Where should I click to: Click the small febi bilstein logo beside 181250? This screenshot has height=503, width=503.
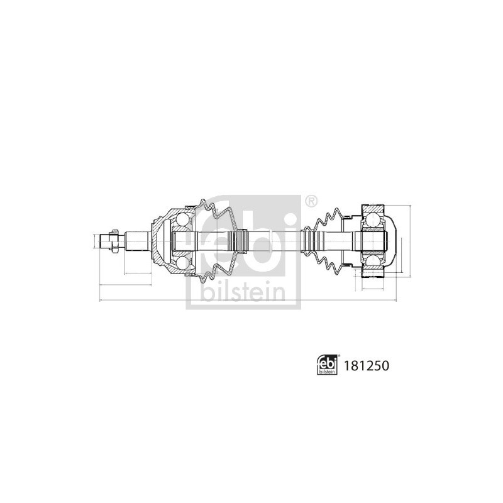[x=326, y=365]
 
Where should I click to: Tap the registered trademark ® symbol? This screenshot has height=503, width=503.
[x=311, y=201]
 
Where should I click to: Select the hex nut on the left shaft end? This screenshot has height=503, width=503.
[x=114, y=241]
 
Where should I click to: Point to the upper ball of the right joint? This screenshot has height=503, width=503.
[x=372, y=220]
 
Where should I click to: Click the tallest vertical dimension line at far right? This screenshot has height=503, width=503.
[x=409, y=241]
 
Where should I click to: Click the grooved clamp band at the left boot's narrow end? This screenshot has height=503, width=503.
[x=240, y=241]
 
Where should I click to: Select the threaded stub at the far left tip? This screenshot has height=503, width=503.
[x=104, y=241]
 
